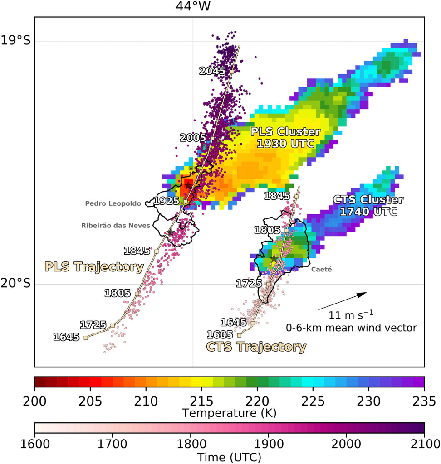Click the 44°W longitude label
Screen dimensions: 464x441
193,6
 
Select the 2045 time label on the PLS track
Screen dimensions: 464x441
212,71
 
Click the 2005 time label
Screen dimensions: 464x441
193,138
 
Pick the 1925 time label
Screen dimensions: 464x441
167,200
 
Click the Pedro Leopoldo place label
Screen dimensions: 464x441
113,203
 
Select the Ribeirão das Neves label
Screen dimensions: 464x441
116,225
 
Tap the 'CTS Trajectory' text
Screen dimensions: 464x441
256,347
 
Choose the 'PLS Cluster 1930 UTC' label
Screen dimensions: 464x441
286,138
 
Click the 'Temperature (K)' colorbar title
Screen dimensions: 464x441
229,413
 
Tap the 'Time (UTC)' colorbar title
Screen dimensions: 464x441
229,458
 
